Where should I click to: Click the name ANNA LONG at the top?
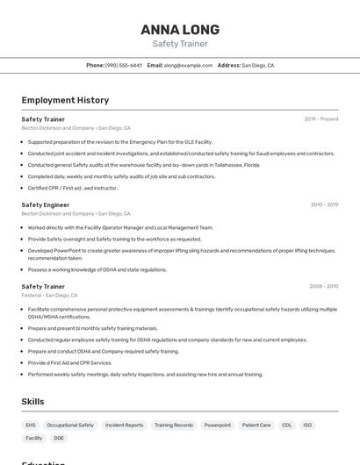point(179,30)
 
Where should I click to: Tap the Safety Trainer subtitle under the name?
point(179,44)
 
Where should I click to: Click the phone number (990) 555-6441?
point(124,65)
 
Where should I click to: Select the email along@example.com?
point(188,65)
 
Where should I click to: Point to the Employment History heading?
point(65,100)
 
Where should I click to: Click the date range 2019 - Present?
point(321,118)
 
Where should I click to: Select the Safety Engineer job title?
point(46,204)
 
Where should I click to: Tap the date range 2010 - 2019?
point(324,204)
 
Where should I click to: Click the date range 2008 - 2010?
point(324,286)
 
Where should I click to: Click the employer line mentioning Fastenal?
point(49,295)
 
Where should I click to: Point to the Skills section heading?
point(33,401)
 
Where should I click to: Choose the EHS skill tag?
point(31,425)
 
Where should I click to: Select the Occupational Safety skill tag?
point(70,425)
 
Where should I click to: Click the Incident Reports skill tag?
point(124,425)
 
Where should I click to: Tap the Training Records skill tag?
point(174,425)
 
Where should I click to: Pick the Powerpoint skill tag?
point(218,425)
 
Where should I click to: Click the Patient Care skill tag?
point(256,425)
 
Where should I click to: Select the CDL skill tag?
point(287,425)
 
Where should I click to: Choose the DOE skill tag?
point(59,438)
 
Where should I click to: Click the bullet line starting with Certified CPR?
point(73,188)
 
